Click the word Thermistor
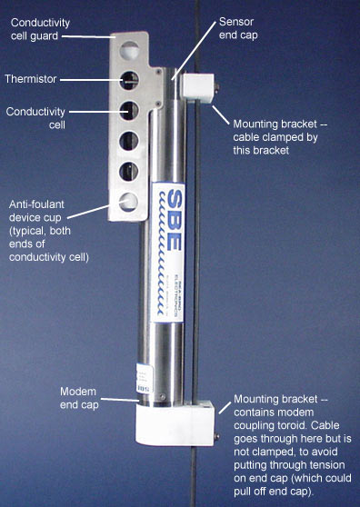click(31, 79)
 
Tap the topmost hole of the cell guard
click(130, 50)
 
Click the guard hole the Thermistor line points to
click(129, 81)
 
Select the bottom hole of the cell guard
click(128, 202)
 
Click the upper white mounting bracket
click(197, 88)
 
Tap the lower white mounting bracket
click(175, 423)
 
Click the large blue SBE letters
click(171, 220)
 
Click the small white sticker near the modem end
click(144, 379)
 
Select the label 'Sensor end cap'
click(238, 28)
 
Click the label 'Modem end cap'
click(79, 398)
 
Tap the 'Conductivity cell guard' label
click(40, 29)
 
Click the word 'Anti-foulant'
click(36, 204)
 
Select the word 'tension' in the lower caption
click(326, 465)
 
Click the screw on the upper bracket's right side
click(216, 86)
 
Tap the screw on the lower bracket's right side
click(216, 437)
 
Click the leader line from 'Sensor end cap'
click(194, 51)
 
